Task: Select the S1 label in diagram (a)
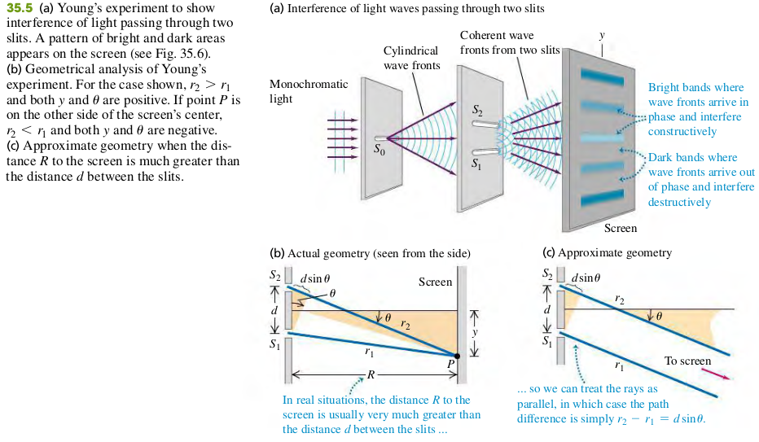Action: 476,167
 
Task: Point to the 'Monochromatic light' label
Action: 308,91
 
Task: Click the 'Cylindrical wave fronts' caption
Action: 410,58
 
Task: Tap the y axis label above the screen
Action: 602,35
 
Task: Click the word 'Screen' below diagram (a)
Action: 621,228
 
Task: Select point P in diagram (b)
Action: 457,357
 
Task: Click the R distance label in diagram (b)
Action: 371,375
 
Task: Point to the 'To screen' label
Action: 687,361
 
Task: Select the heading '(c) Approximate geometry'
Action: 607,253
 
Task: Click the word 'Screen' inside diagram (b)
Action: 435,282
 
